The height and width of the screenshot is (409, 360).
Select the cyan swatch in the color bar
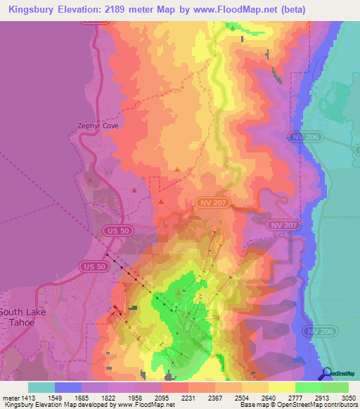point(41,387)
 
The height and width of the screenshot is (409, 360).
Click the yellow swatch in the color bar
point(282,387)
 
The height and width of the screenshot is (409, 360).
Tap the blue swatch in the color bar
point(68,387)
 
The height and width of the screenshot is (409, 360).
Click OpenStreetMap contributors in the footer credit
point(321,405)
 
